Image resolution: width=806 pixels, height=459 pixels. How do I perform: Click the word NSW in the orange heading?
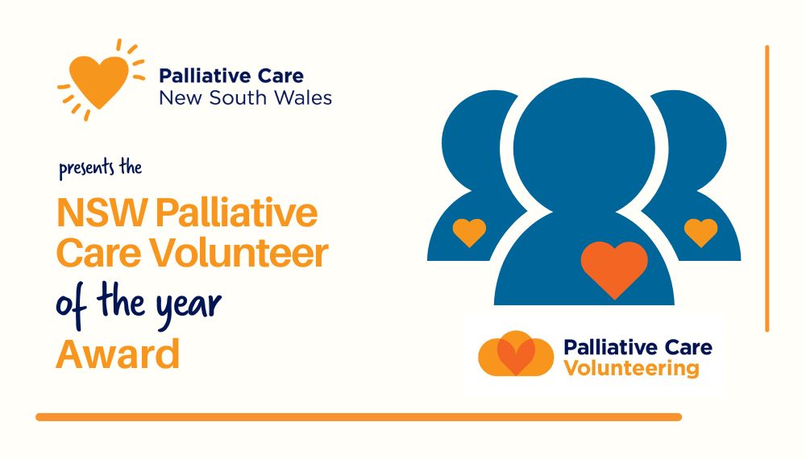[x=102, y=213]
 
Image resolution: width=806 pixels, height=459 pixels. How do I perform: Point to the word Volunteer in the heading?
[x=239, y=253]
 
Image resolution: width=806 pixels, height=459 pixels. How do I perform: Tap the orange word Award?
[x=118, y=354]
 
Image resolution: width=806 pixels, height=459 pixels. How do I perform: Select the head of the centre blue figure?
[x=584, y=148]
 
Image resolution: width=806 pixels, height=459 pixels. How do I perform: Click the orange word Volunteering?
[x=631, y=369]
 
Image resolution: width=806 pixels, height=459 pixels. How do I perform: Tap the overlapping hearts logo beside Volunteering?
[x=516, y=354]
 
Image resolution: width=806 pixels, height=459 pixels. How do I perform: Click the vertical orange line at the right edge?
[x=767, y=188]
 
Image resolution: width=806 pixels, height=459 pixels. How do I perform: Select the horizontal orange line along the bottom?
[x=359, y=417]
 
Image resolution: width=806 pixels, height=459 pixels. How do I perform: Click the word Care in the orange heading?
[x=98, y=253]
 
